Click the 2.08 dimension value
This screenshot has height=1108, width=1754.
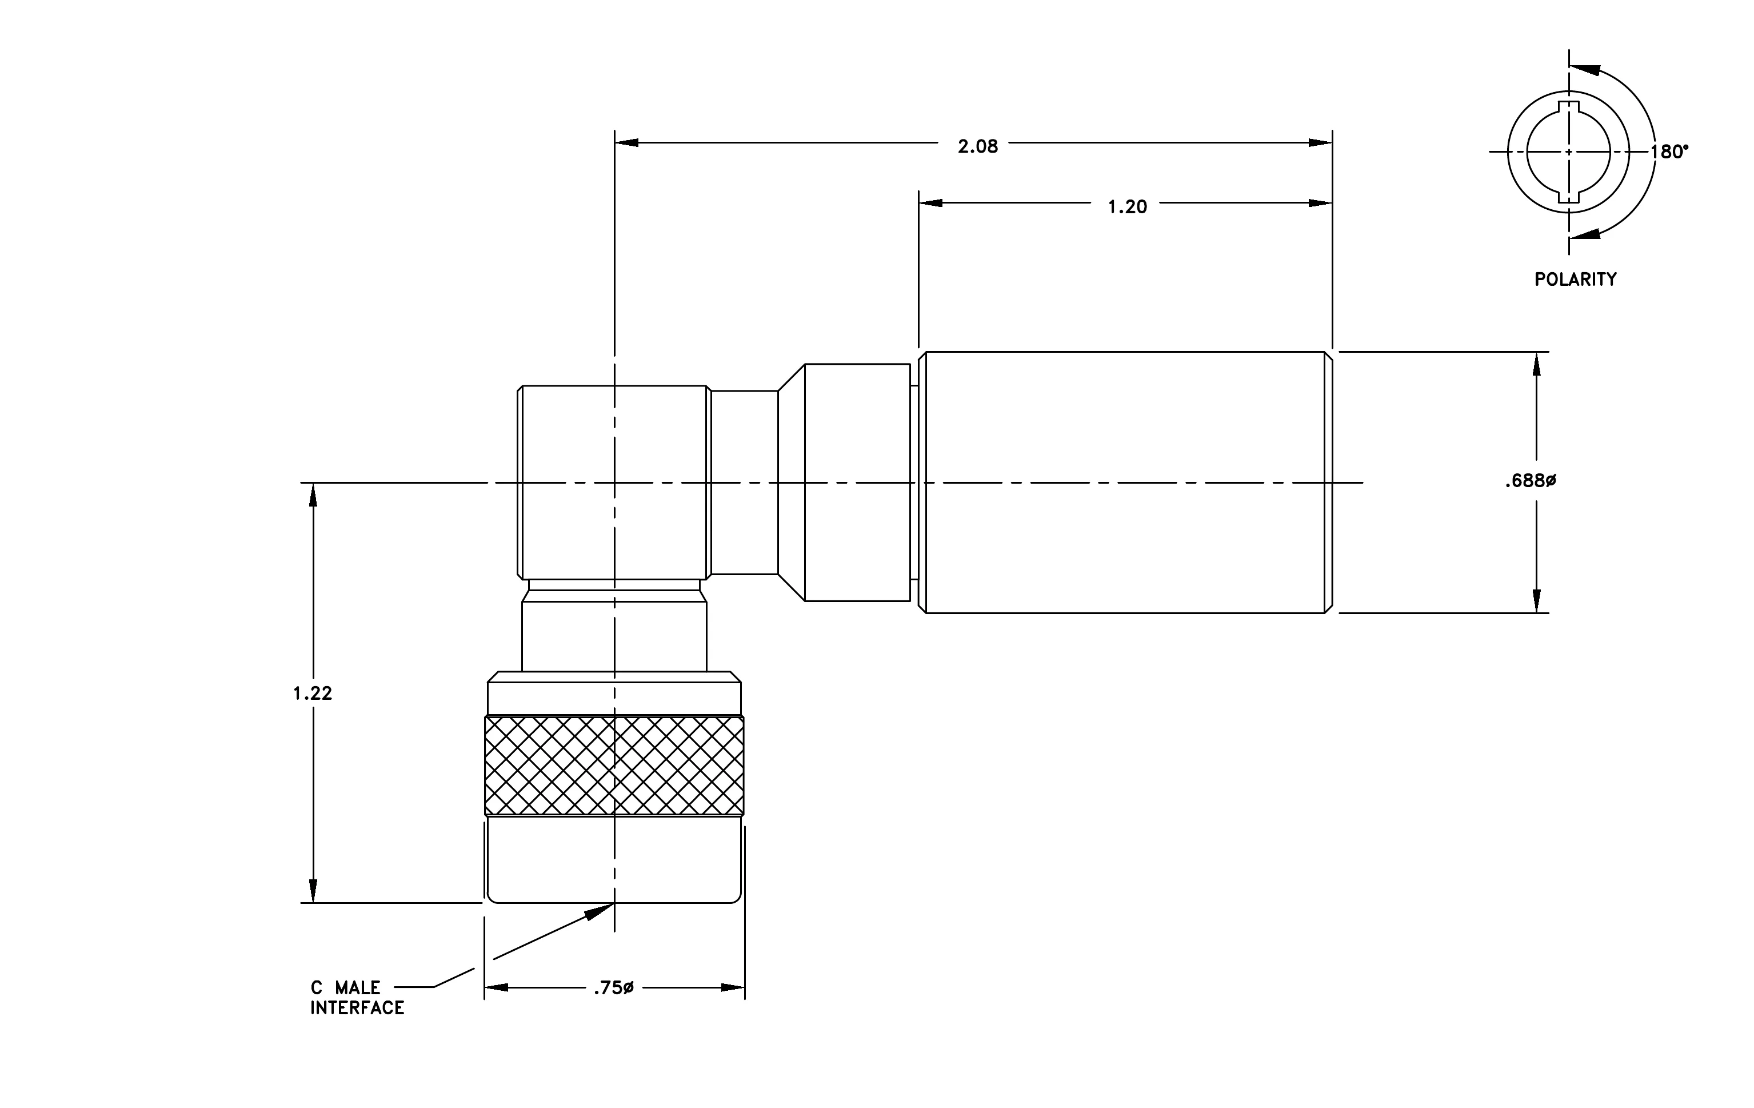coord(977,146)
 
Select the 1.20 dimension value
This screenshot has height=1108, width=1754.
coord(1127,207)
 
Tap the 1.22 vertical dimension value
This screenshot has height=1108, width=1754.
coord(313,694)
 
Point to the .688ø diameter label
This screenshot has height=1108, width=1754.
coord(1531,481)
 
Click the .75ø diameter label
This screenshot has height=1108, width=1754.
coord(613,988)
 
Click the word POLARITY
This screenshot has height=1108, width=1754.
coord(1575,279)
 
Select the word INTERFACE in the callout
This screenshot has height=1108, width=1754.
coord(357,1007)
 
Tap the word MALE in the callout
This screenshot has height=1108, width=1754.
coord(358,988)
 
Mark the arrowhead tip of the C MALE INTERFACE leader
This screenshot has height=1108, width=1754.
coord(613,903)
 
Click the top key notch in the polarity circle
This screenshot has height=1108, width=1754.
coord(1568,107)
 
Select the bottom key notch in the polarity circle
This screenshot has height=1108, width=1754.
coord(1568,197)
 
